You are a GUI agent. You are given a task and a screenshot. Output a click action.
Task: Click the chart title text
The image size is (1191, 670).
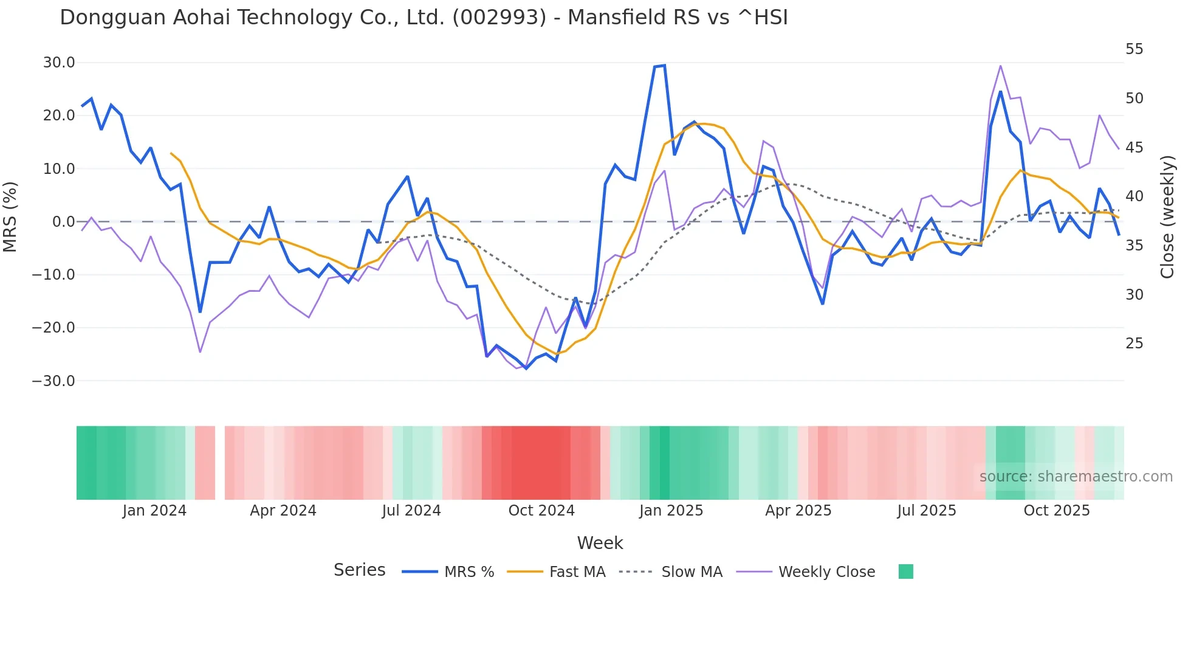point(424,18)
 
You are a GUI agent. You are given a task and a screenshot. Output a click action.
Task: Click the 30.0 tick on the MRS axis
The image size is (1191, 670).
point(59,63)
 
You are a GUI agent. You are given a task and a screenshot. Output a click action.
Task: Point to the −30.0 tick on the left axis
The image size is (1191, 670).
point(53,381)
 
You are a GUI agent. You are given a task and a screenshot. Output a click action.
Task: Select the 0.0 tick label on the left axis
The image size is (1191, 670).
point(63,222)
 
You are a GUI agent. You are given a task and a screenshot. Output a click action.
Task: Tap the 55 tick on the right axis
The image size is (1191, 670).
point(1134,49)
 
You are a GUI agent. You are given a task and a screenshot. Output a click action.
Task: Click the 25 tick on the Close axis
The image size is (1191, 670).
point(1134,344)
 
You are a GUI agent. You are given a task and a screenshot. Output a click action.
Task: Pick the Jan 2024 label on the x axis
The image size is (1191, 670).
point(154,511)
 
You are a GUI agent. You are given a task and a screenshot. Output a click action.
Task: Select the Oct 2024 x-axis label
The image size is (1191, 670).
point(541,511)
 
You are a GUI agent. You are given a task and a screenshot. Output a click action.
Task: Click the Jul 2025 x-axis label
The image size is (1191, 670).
point(927,511)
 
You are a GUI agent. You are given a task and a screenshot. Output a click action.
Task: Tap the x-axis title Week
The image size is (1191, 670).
point(600,543)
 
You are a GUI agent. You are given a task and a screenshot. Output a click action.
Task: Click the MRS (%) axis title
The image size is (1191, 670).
point(10,217)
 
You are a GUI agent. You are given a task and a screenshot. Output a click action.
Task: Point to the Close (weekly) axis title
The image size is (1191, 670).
point(1167,217)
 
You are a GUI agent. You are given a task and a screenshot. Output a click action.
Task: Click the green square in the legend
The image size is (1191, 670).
point(905,572)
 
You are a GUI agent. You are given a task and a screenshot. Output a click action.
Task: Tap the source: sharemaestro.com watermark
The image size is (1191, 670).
point(1076,477)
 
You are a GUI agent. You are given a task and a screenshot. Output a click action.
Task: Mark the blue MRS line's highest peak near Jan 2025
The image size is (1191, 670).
point(664,66)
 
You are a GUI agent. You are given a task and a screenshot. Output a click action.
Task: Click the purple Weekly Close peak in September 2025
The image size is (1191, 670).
point(1000,66)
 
